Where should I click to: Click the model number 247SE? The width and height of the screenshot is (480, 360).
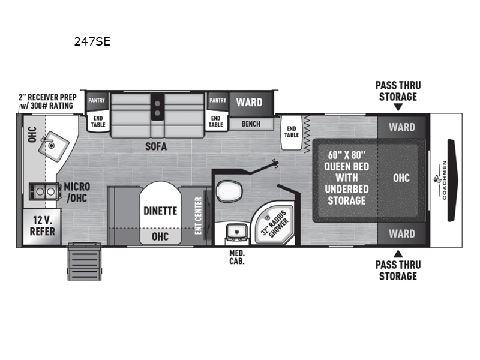pyautogui.click(x=92, y=42)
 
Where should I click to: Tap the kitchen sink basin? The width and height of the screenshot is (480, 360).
pyautogui.click(x=50, y=144)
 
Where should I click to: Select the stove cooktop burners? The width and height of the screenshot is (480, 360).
pyautogui.click(x=46, y=191)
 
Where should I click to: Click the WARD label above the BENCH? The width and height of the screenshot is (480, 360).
pyautogui.click(x=248, y=102)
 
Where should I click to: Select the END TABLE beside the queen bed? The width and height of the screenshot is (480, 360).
pyautogui.click(x=292, y=132)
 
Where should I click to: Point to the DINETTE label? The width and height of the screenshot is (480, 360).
pyautogui.click(x=160, y=211)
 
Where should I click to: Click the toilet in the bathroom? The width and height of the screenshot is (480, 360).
pyautogui.click(x=229, y=191)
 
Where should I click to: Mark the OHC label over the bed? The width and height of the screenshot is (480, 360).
pyautogui.click(x=401, y=178)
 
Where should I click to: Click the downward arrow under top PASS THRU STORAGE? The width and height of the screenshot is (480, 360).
pyautogui.click(x=397, y=107)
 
